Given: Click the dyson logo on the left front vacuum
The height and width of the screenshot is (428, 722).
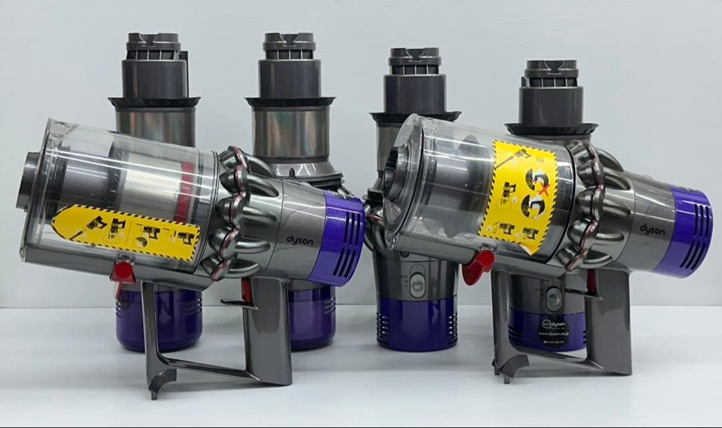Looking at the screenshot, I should (299, 239).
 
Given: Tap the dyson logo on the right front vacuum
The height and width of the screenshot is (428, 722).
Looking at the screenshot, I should (652, 229).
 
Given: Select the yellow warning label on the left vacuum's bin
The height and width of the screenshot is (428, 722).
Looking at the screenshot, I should (127, 228).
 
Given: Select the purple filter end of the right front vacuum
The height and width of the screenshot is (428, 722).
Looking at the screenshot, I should (686, 231).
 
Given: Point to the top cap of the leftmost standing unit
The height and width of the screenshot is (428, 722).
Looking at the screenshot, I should (154, 45).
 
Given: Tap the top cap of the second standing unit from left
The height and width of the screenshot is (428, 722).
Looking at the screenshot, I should (289, 45).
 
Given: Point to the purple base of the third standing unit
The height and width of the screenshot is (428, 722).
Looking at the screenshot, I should (416, 322).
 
